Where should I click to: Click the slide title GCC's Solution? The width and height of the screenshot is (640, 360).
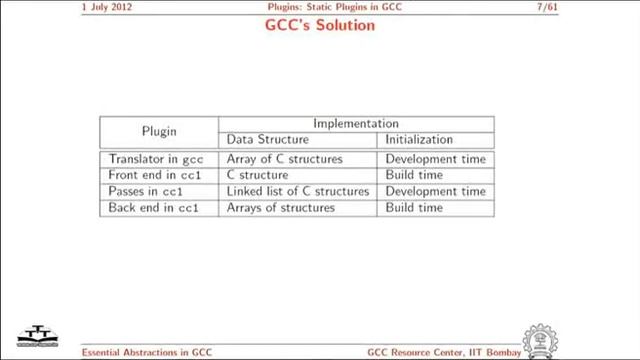tap(319, 24)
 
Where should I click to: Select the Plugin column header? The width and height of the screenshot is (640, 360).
tap(159, 131)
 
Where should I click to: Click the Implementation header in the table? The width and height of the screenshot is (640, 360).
tap(355, 123)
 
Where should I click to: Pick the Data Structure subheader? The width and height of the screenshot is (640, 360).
tap(267, 140)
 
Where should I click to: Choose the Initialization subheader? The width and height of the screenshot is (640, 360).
tap(419, 140)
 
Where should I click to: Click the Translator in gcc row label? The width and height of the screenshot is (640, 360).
tap(156, 159)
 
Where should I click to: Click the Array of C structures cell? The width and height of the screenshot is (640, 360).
tap(285, 159)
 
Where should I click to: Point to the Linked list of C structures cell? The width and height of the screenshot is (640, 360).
tap(298, 191)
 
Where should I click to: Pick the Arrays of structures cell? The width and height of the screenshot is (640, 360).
tap(281, 208)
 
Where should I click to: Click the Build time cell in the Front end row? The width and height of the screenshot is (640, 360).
tap(414, 175)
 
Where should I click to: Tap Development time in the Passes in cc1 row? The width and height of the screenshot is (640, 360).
tap(435, 191)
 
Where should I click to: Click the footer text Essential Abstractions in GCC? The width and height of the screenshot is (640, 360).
tap(146, 352)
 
